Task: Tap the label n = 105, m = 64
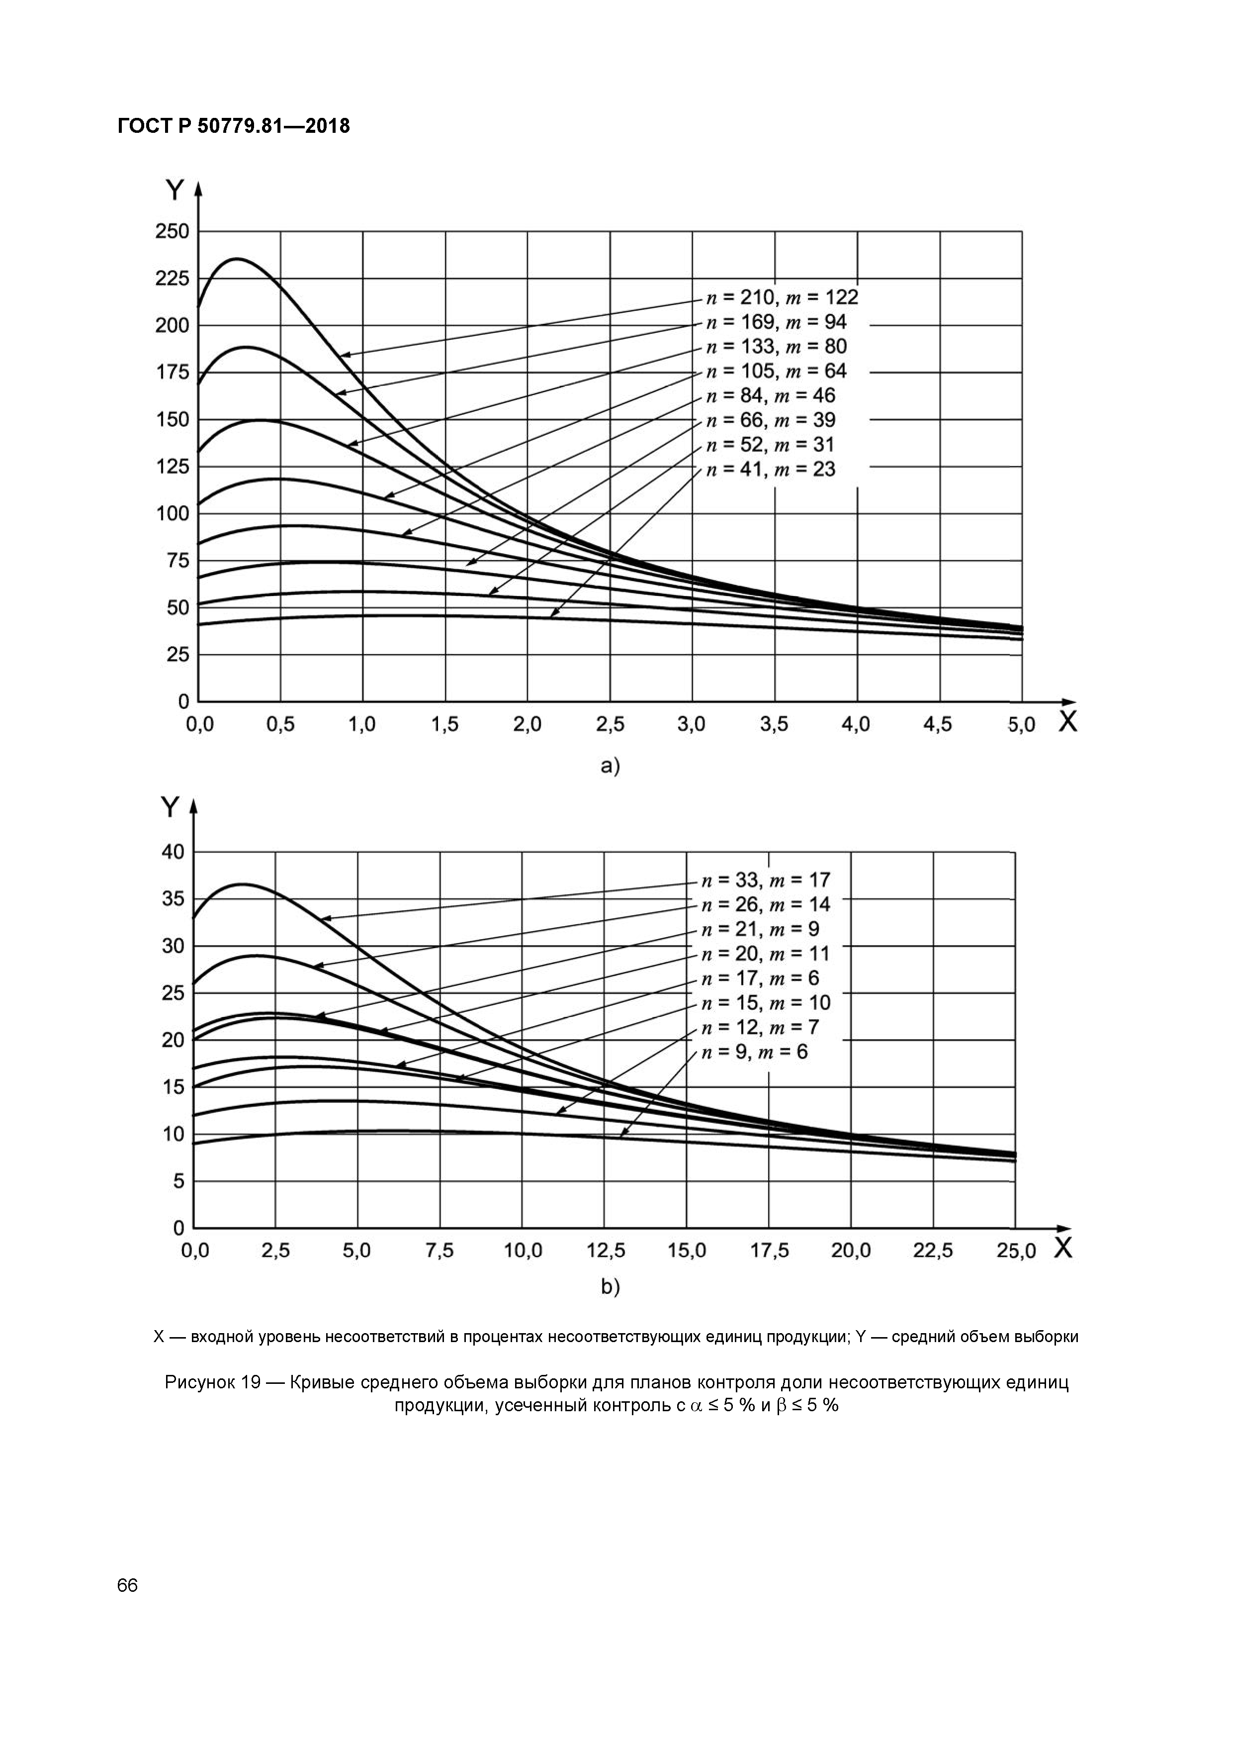point(776,371)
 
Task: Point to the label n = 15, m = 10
point(765,1002)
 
